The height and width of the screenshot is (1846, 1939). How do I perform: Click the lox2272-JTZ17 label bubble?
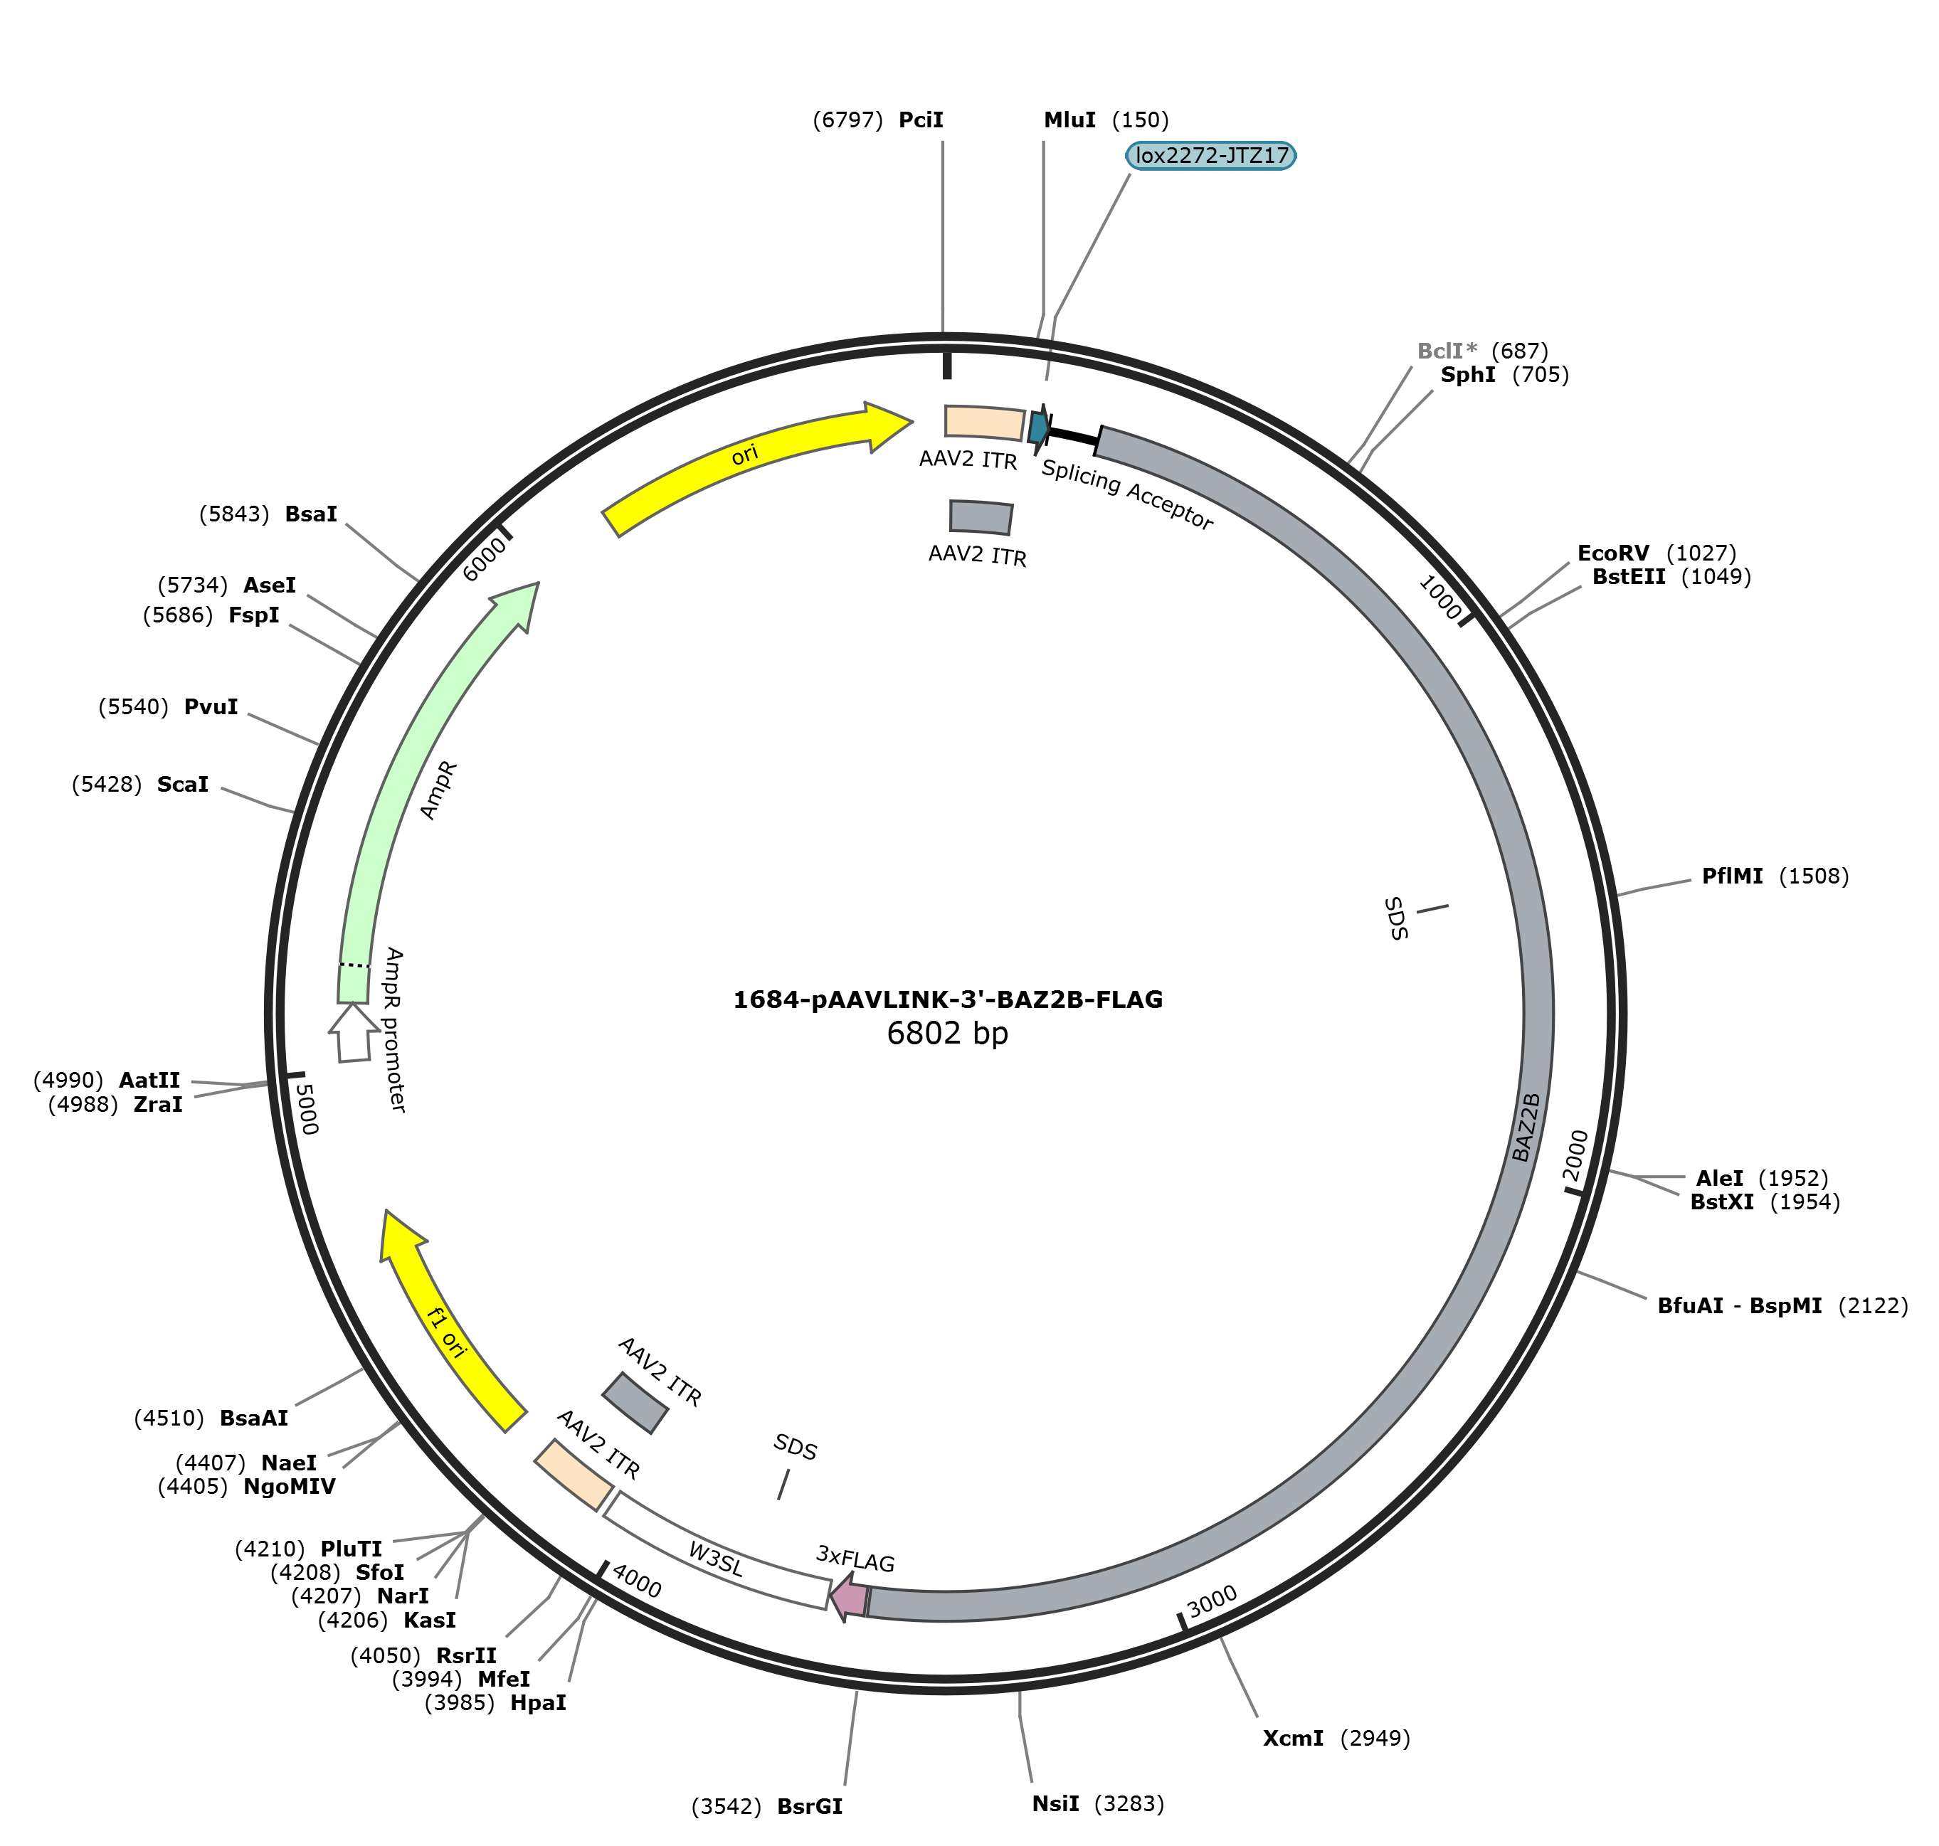(1210, 156)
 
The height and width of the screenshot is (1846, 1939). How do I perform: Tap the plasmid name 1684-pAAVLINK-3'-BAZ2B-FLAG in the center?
(948, 999)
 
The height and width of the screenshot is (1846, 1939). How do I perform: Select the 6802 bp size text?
(948, 1033)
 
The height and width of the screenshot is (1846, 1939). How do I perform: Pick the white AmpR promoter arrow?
(352, 1032)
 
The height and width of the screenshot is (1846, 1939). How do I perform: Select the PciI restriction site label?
(921, 120)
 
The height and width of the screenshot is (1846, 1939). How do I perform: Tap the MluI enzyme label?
(1070, 120)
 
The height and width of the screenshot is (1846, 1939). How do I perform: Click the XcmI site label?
(1294, 1739)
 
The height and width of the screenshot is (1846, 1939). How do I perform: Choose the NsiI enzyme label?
(1056, 1804)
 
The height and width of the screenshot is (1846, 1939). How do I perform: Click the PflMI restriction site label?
(1733, 876)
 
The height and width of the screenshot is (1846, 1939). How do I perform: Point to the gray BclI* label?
(1447, 351)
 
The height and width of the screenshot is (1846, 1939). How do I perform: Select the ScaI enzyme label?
(183, 784)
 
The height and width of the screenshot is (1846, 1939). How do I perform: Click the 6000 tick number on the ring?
(485, 559)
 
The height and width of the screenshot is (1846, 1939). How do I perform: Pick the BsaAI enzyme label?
(254, 1418)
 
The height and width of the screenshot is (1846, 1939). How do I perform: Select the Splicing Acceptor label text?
(1128, 495)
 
